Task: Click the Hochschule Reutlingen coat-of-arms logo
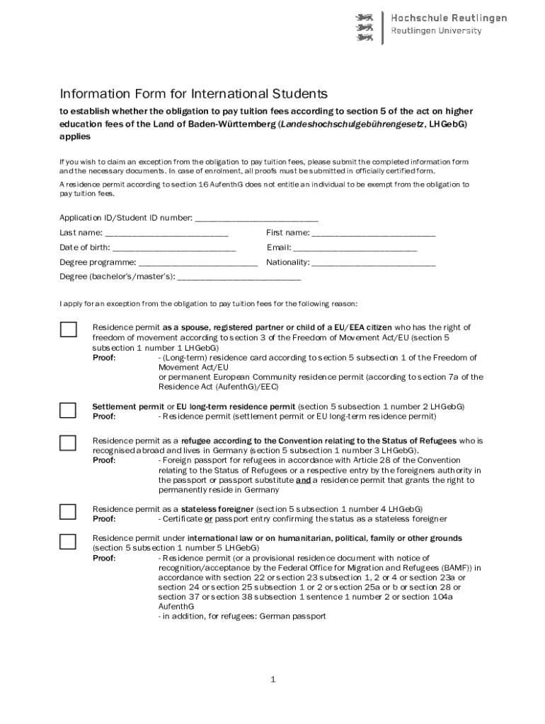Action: coord(366,26)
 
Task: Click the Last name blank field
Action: coord(166,234)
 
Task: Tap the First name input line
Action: coord(373,234)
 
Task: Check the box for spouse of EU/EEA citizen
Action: coord(68,329)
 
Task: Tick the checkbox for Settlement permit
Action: coord(68,410)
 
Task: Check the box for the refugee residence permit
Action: coord(68,443)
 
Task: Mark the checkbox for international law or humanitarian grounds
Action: coord(68,542)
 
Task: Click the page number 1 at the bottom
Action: coord(272,680)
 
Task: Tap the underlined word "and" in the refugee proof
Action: coord(303,479)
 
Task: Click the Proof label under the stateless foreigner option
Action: coord(104,519)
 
